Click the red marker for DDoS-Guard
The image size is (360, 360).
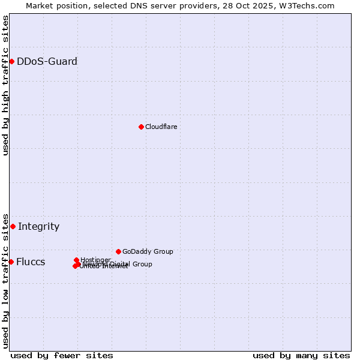11,61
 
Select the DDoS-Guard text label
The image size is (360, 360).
47,61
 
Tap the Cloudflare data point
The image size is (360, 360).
141,127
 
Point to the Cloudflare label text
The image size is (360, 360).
161,127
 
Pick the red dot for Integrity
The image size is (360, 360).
13,226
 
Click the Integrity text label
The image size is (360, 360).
38,226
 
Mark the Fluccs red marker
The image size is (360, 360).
11,262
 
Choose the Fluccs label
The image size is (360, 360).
30,262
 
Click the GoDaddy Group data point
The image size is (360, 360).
118,251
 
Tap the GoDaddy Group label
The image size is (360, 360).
148,251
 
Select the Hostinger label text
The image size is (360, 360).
95,260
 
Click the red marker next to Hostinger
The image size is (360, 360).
76,260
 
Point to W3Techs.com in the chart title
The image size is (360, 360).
307,5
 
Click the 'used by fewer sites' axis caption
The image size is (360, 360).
62,355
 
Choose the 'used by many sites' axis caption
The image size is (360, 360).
301,355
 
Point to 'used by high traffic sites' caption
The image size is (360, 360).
5,85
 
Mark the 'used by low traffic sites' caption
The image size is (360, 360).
5,280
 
